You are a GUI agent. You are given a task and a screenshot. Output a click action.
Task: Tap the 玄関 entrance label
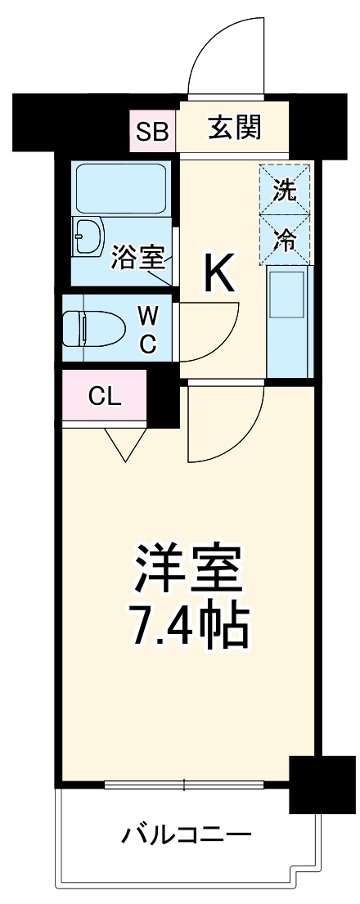234,128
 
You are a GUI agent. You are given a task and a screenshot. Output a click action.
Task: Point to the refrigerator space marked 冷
286,240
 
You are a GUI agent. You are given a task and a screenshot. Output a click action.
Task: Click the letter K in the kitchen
218,275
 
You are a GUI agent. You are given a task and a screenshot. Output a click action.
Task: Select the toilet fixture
93,329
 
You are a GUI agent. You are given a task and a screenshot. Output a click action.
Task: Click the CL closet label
105,398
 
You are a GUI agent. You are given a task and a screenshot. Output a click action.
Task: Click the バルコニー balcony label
187,837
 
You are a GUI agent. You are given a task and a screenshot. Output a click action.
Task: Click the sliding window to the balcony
186,785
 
